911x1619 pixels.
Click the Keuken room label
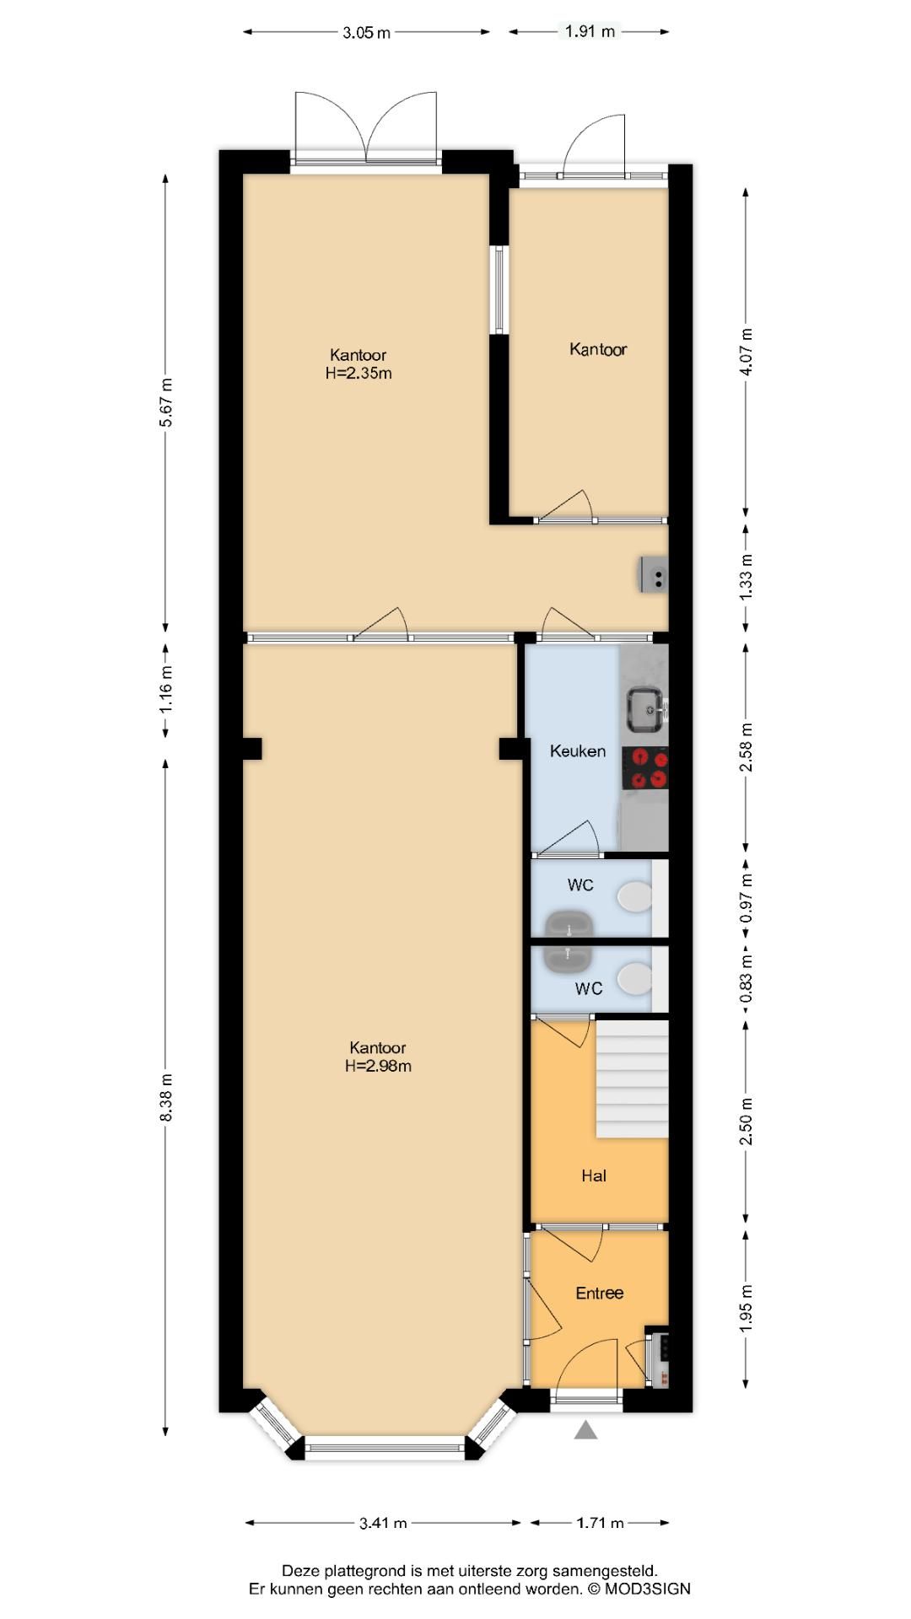578,750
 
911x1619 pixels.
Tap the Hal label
594,1175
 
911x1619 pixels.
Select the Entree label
600,1293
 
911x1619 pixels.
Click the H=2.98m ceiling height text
378,1066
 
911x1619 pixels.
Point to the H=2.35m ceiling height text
358,373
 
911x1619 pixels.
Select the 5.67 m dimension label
166,402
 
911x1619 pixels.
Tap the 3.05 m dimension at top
367,32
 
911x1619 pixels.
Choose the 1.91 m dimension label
590,31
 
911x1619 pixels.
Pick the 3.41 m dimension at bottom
383,1523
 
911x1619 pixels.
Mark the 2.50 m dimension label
747,1121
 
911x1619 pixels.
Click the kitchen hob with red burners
645,768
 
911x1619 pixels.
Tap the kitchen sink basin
647,709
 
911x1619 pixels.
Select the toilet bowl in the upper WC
634,896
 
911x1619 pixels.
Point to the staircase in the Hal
633,1079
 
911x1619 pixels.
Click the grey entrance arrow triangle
585,1429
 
